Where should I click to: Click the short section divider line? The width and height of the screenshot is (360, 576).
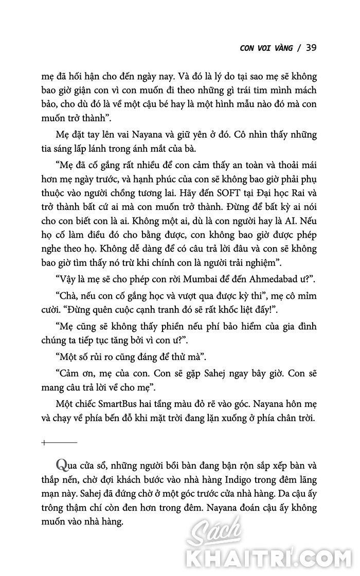60,442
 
